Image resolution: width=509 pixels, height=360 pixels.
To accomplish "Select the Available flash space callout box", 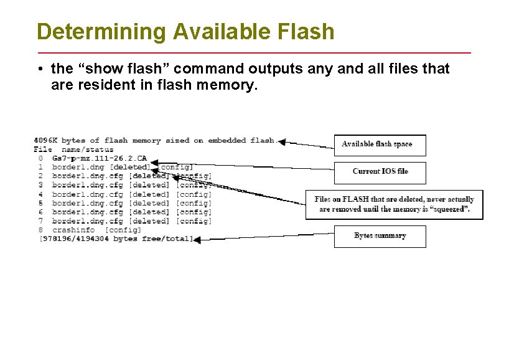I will point(380,144).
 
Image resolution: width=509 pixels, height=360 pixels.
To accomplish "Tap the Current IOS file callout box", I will point(380,172).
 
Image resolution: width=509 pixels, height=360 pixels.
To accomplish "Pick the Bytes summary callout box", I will point(380,236).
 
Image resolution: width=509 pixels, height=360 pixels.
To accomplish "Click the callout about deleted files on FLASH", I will point(394,204).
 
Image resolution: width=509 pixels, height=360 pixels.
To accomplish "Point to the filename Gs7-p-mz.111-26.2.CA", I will point(100,158).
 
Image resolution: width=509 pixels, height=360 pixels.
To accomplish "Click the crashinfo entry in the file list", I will point(73,230).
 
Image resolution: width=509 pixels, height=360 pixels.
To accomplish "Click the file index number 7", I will point(40,221).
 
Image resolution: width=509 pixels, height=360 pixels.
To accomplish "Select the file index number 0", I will point(40,158).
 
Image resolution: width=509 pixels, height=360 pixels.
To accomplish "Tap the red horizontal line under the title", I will point(254,52).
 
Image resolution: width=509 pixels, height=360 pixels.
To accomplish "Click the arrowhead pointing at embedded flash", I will point(281,142).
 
